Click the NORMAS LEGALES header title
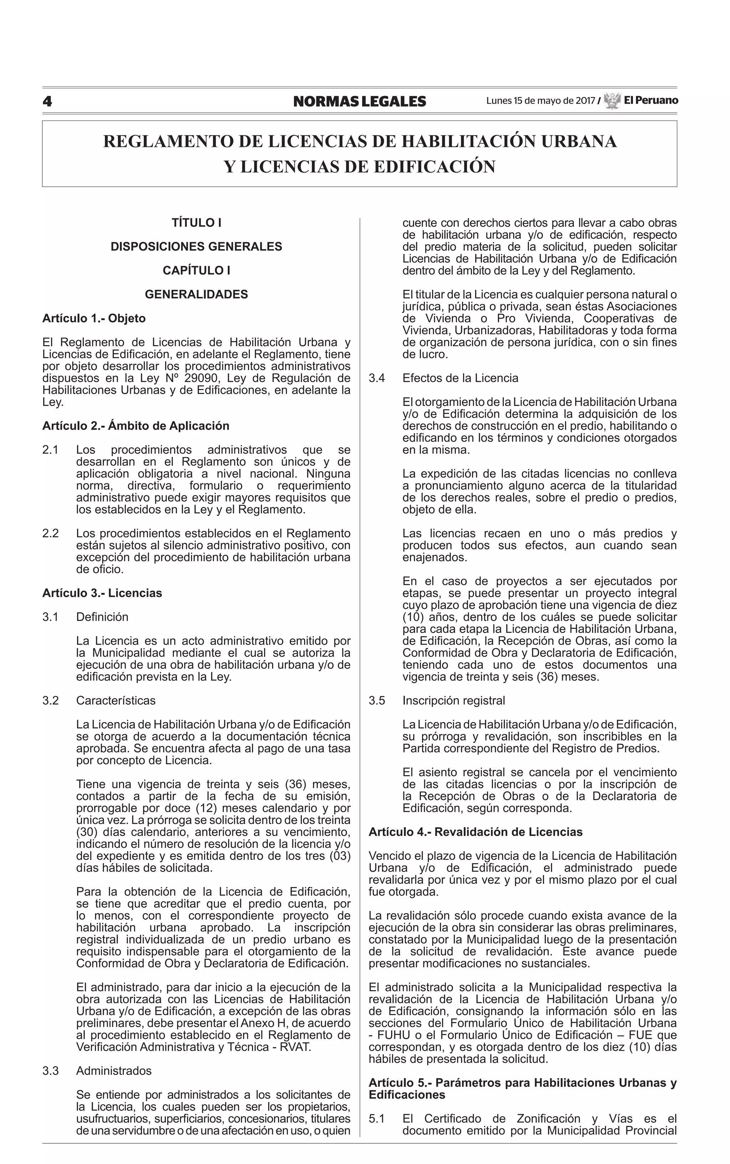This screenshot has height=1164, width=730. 360,101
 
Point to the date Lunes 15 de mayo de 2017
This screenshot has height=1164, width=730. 540,101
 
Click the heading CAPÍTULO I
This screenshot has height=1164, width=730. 196,270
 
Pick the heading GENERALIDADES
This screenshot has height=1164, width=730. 196,294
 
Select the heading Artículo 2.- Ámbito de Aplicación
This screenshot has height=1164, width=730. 136,426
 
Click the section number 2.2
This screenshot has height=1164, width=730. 50,533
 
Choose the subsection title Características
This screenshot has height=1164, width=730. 116,701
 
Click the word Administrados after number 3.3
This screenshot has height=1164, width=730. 114,1071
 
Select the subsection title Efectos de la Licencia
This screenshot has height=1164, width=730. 460,378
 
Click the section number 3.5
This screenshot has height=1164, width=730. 377,701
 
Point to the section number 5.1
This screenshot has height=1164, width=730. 377,1119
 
